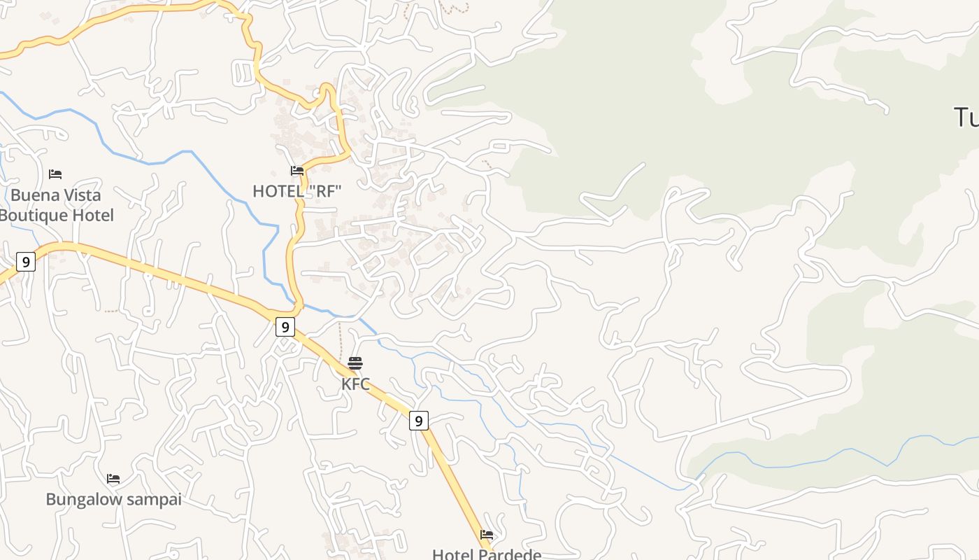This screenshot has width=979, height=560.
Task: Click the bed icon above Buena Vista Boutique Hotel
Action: point(55,174)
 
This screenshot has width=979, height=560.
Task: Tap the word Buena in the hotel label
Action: point(32,195)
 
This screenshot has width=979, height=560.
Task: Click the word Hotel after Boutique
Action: point(93,215)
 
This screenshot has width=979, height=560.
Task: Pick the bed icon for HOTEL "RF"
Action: point(297,171)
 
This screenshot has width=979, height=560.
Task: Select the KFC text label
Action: point(355,384)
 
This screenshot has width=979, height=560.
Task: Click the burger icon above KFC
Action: point(355,363)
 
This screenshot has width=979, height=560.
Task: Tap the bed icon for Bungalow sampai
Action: point(113,479)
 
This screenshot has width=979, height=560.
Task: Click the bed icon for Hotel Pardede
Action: point(487,535)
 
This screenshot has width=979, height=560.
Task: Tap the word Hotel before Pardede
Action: point(452,554)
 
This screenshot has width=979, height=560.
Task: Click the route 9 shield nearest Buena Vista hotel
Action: point(26,262)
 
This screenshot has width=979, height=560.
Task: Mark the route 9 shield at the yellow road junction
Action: point(285,327)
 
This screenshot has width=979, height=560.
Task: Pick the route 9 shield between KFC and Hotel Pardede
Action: point(418,421)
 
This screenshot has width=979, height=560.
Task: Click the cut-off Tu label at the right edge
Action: point(966,118)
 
